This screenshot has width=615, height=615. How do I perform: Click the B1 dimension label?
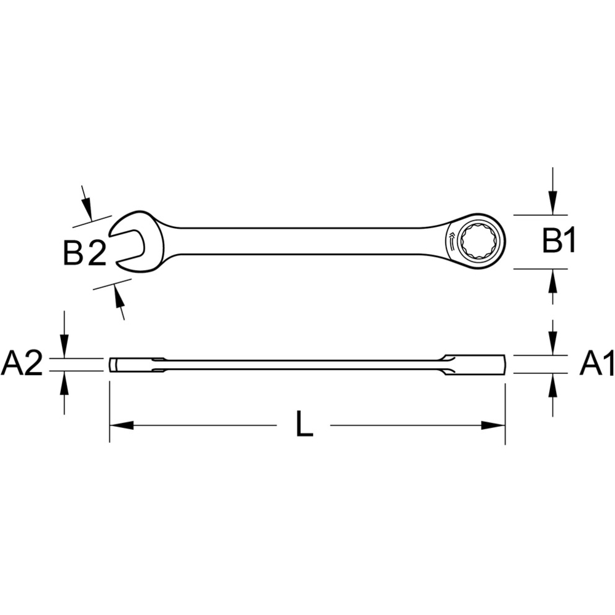tap(559, 241)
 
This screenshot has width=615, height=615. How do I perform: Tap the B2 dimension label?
tap(85, 253)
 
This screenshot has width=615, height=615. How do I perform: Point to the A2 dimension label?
tap(22, 364)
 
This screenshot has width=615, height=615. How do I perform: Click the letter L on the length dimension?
tap(304, 425)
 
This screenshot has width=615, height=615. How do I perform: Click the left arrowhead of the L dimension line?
tap(122, 425)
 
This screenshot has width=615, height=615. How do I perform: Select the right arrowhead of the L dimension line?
tap(493, 425)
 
